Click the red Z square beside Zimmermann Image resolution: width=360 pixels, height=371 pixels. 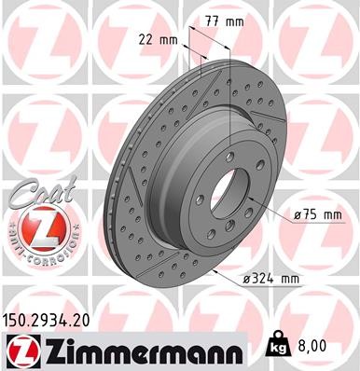pyautogui.click(x=20, y=350)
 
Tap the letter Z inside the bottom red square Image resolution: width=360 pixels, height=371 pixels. pyautogui.click(x=20, y=350)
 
